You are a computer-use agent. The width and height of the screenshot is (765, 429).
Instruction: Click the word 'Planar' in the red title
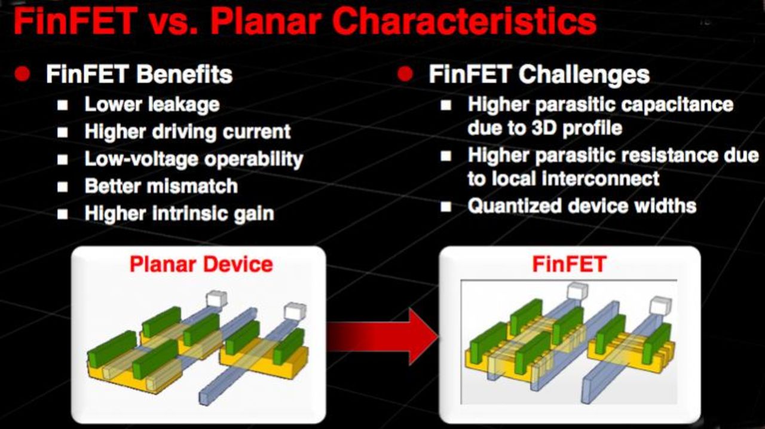(265, 22)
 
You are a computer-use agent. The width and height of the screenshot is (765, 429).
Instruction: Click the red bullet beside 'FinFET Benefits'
(23, 74)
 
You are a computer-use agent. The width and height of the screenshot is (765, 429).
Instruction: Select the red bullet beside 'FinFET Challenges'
(405, 74)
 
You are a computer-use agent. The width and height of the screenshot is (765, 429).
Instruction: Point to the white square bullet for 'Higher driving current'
(62, 133)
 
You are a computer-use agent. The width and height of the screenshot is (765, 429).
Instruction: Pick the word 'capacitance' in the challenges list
(675, 105)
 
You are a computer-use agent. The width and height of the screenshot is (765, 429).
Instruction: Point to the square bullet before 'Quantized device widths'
(446, 207)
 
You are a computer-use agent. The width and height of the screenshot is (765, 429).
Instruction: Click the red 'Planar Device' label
(201, 264)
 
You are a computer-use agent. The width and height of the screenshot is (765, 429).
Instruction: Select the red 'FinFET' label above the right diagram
(569, 264)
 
